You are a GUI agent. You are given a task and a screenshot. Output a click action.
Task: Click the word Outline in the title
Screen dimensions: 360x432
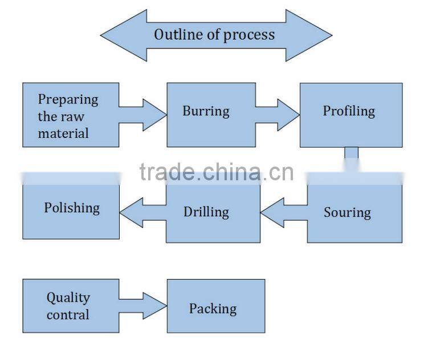point(178,34)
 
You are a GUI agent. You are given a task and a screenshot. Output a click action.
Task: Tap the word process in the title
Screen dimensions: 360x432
point(248,35)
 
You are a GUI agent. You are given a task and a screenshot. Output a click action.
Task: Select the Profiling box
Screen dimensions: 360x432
point(351,115)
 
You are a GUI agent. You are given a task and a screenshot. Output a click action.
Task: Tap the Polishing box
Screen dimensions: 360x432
point(71,208)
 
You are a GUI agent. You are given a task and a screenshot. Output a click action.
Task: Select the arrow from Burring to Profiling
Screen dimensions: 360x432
point(278,115)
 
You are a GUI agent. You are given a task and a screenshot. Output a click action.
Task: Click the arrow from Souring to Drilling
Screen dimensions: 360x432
point(283,213)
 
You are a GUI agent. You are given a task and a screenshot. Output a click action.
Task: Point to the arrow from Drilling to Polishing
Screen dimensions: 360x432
point(142,212)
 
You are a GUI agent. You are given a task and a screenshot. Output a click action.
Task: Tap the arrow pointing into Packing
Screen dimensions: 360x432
point(143,306)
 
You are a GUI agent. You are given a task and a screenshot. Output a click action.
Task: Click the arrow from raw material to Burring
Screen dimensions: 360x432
point(142,115)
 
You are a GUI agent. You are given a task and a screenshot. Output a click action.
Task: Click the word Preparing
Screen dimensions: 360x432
point(68,100)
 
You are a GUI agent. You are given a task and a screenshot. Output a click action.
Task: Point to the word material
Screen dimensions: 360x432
point(63,134)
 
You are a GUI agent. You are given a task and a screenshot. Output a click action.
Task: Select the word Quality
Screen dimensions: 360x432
point(68,298)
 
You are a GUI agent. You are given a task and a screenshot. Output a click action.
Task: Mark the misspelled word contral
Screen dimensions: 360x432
point(68,314)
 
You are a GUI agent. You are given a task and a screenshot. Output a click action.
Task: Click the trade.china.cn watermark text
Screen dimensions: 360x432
point(217,172)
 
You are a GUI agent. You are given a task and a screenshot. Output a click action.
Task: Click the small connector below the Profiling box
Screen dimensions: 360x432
point(352,153)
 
